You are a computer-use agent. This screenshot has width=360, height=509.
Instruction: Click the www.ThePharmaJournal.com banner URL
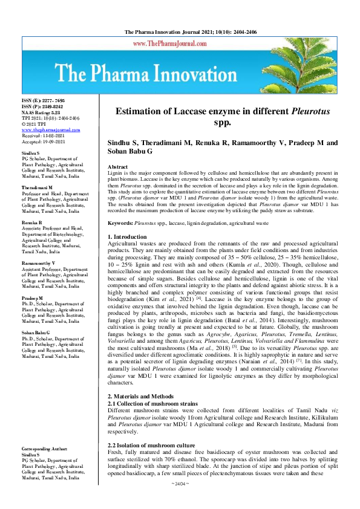click(x=180, y=44)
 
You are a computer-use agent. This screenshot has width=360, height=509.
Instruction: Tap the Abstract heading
click(x=117, y=166)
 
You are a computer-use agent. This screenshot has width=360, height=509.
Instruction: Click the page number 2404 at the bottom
click(x=180, y=501)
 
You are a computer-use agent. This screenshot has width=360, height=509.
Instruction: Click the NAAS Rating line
click(x=41, y=112)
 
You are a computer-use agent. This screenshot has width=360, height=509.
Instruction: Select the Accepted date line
click(x=41, y=141)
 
